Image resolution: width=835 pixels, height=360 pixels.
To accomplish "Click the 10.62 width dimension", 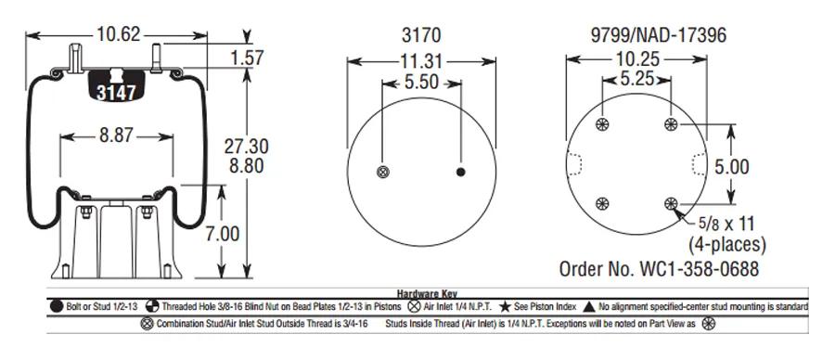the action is tap(118, 34).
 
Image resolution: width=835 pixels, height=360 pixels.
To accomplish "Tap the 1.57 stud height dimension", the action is tap(247, 58).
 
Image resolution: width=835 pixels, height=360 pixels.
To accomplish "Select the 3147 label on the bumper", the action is tap(116, 93).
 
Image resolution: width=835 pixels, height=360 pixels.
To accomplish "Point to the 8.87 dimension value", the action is tap(116, 135).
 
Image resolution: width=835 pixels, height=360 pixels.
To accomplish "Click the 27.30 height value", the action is tap(246, 147).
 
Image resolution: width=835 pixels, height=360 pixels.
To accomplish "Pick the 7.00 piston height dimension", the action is tap(223, 234).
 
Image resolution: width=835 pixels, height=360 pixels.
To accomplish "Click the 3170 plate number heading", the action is tap(421, 35).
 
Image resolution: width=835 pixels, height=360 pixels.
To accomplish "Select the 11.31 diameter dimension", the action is tap(421, 61).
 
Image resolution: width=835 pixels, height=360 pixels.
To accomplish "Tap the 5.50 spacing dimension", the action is tap(421, 83).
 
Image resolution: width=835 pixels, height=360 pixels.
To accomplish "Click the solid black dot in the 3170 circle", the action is tap(460, 172).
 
